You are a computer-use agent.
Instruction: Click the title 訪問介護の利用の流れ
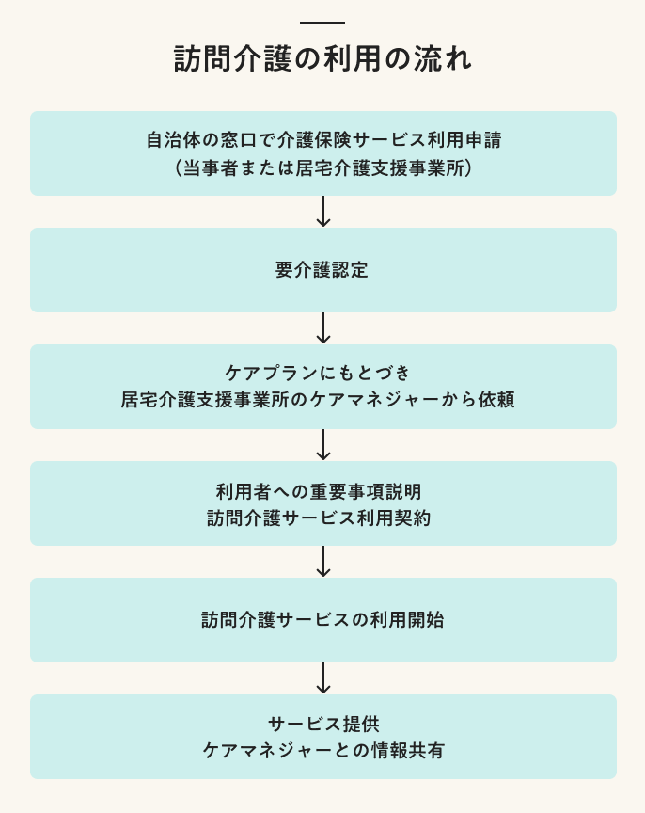(x=322, y=59)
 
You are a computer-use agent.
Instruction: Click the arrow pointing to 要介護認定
(x=323, y=212)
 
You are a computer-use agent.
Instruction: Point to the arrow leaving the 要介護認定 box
(x=323, y=328)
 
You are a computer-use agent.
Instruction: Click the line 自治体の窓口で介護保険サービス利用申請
(x=322, y=140)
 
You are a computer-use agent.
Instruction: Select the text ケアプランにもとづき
(x=322, y=373)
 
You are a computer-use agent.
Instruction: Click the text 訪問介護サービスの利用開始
(x=322, y=620)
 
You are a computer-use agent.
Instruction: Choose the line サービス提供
(x=323, y=724)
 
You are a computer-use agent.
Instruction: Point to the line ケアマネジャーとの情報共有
(x=323, y=751)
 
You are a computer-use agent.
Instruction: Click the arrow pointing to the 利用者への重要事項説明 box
(x=323, y=445)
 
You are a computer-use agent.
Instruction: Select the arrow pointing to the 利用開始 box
(x=323, y=562)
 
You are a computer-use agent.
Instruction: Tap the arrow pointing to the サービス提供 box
(x=323, y=678)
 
